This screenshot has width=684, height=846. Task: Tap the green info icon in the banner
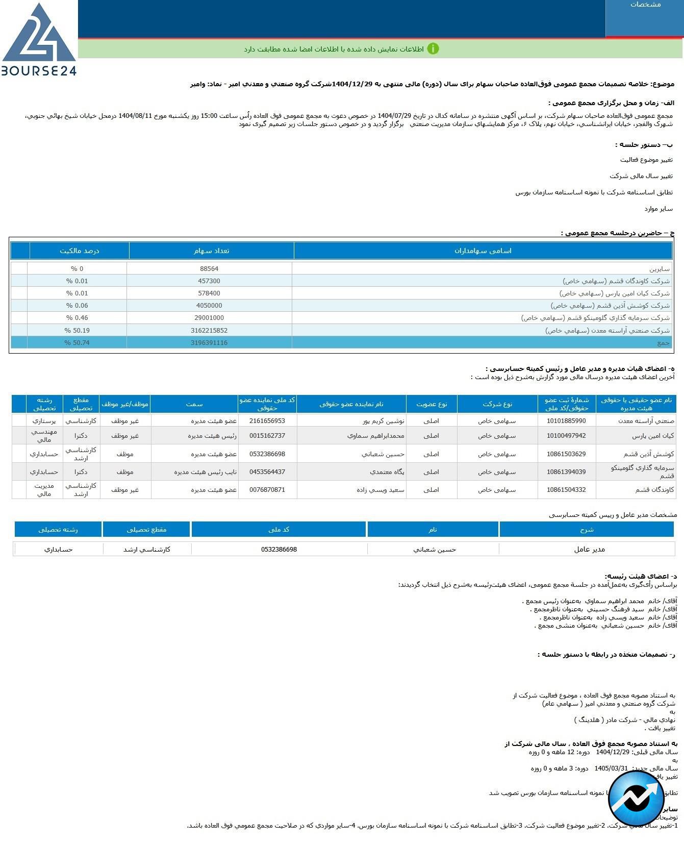433,49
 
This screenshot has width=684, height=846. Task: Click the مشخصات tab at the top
645,5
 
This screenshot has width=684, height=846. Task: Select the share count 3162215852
209,331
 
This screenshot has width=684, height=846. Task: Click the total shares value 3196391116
209,343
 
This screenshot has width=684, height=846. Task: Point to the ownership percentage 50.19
77,331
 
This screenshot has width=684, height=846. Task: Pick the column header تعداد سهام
211,251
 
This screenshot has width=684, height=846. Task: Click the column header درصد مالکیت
80,251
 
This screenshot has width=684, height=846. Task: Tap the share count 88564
209,269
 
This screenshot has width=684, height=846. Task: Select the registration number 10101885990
566,421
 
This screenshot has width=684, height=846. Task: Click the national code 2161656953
267,421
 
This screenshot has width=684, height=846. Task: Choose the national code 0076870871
267,490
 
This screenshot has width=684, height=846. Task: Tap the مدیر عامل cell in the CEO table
589,550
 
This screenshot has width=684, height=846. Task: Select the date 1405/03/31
611,768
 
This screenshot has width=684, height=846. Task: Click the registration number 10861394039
566,472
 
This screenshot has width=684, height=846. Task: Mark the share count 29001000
209,318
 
